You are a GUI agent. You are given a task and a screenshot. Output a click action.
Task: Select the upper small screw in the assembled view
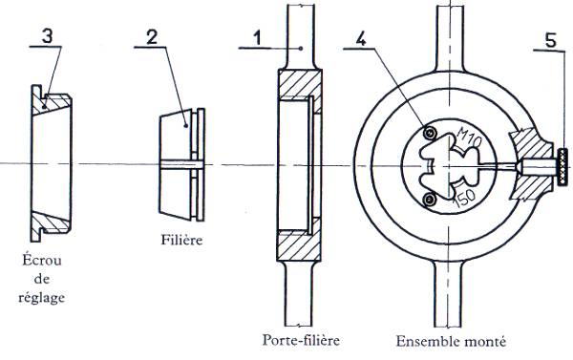(430, 133)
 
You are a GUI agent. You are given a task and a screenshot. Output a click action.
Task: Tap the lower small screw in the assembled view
(430, 200)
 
